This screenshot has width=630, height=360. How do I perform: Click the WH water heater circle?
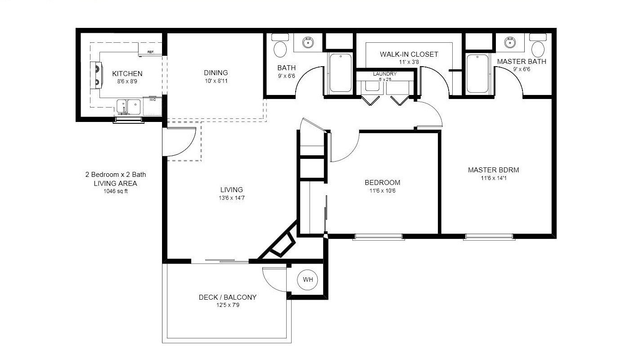click(308, 280)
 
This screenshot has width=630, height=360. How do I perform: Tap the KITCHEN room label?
click(127, 74)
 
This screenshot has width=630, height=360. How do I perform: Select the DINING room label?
click(216, 72)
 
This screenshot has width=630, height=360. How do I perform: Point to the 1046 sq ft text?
click(116, 191)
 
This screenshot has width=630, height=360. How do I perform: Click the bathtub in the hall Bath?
click(341, 73)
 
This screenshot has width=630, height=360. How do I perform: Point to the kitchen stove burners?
click(96, 74)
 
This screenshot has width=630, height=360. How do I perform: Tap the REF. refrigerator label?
click(151, 53)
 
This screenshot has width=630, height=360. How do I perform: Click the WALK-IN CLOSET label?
click(409, 54)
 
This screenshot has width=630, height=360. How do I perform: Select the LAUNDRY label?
click(385, 74)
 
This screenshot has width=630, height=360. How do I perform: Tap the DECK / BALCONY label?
click(228, 297)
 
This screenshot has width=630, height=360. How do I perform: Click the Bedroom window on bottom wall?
click(377, 236)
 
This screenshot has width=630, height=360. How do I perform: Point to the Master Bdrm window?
click(489, 236)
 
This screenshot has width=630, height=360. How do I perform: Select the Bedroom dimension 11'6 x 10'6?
click(382, 191)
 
